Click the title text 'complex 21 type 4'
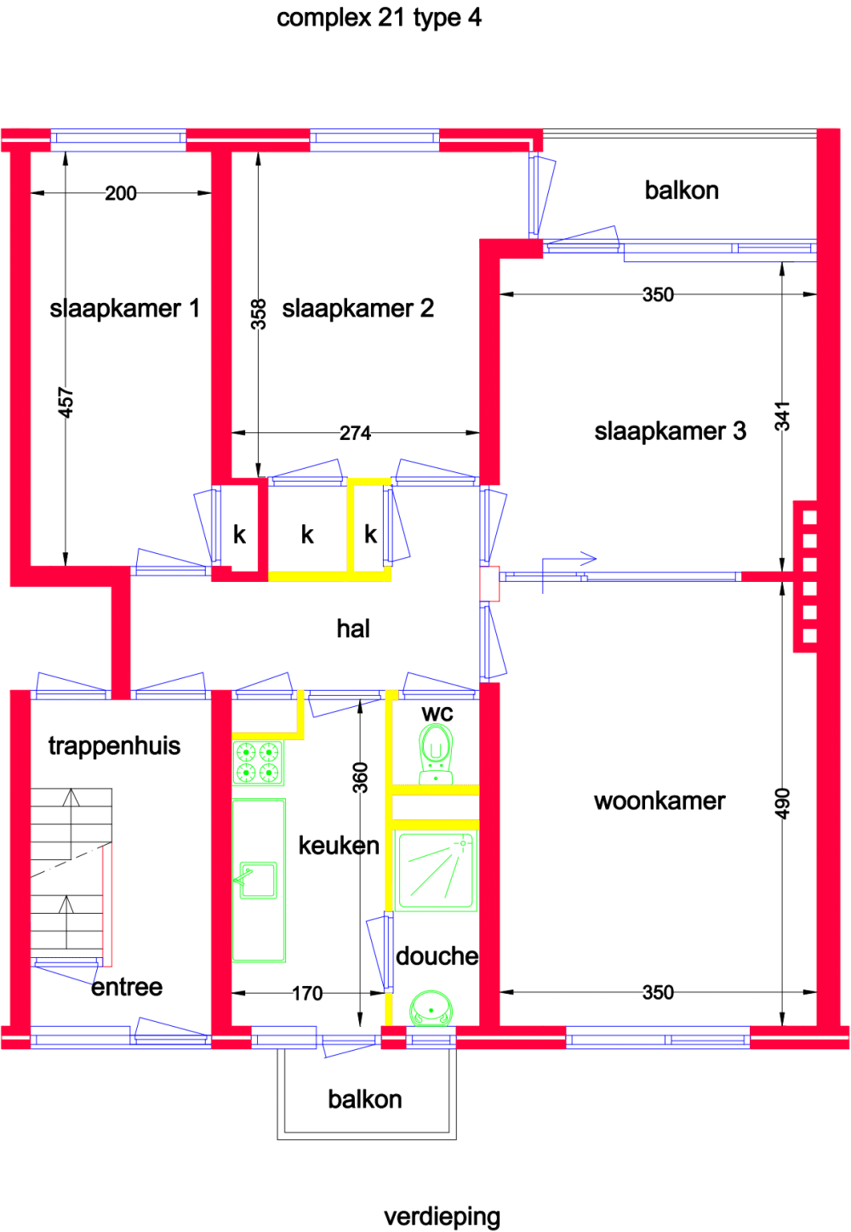click(379, 18)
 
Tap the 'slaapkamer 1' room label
click(124, 308)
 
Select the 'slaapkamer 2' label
click(357, 308)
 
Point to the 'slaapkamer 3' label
click(670, 431)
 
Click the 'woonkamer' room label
click(660, 801)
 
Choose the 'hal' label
click(353, 629)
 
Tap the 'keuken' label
click(339, 845)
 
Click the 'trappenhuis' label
click(114, 746)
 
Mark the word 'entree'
click(127, 987)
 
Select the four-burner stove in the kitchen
click(258, 762)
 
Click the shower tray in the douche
click(437, 871)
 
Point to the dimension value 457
click(66, 402)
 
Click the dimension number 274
click(355, 433)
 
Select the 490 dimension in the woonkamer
click(782, 804)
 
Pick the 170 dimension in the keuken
click(307, 993)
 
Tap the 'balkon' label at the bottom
click(365, 1099)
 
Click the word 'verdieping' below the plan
click(442, 1217)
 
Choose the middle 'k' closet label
click(307, 534)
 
